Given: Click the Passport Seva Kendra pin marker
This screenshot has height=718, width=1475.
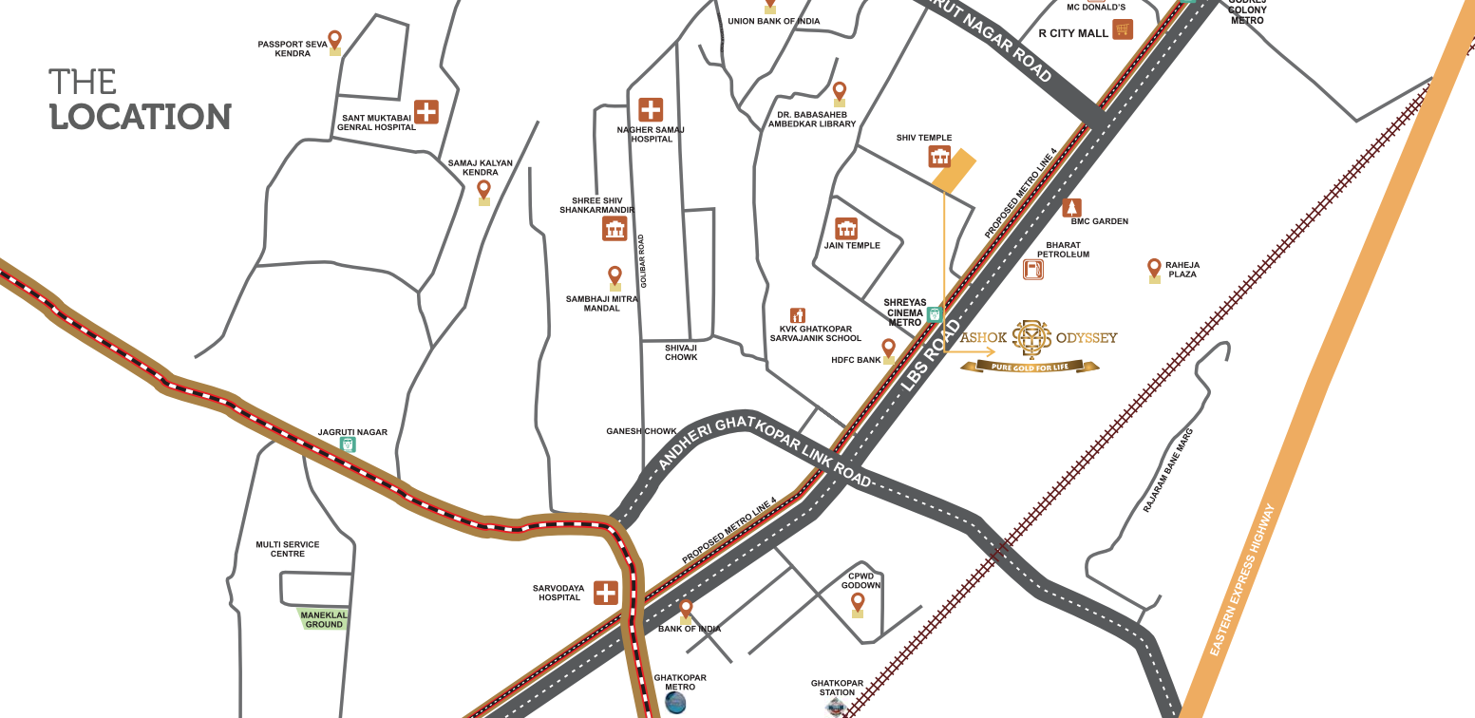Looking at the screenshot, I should pyautogui.click(x=334, y=42).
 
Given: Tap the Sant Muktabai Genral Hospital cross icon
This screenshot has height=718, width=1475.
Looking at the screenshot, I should pyautogui.click(x=426, y=111).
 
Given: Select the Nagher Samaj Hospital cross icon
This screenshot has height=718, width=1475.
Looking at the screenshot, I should pyautogui.click(x=651, y=109).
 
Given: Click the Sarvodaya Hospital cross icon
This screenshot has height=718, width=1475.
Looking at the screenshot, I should pyautogui.click(x=606, y=593).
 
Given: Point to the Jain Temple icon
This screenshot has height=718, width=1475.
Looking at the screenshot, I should pyautogui.click(x=846, y=228).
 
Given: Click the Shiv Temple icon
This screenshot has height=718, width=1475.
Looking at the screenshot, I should pyautogui.click(x=939, y=157).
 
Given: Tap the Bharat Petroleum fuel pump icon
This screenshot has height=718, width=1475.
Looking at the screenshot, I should pyautogui.click(x=1032, y=270).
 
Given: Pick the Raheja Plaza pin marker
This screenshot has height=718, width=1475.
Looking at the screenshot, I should pyautogui.click(x=1154, y=270).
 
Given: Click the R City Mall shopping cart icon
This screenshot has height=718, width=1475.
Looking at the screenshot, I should pyautogui.click(x=1123, y=29).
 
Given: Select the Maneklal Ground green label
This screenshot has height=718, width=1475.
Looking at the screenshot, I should pyautogui.click(x=324, y=619).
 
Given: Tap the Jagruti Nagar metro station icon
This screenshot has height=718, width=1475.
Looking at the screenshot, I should pyautogui.click(x=349, y=444).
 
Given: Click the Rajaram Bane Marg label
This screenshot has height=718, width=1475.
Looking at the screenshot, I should pyautogui.click(x=1168, y=471).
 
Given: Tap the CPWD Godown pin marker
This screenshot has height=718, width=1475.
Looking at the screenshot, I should pyautogui.click(x=858, y=603).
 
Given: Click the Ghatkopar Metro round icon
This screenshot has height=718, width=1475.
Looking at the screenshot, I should pyautogui.click(x=675, y=702).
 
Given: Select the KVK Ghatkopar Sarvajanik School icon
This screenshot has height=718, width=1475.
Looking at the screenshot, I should pyautogui.click(x=798, y=315).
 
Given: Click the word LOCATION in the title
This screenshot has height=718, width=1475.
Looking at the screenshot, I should pyautogui.click(x=141, y=117).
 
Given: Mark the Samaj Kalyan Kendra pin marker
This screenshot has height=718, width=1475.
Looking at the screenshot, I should pyautogui.click(x=483, y=191).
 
